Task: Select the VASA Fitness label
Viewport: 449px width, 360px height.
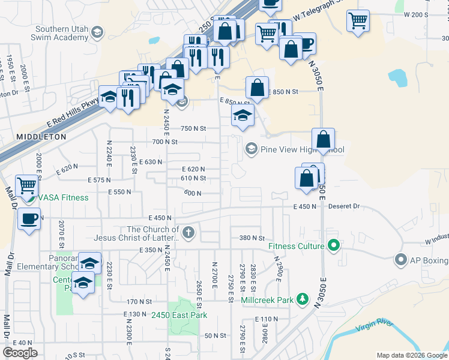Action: pyautogui.click(x=63, y=197)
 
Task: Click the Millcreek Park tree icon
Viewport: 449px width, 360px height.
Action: pyautogui.click(x=303, y=299)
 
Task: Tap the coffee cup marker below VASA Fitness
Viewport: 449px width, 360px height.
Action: pyautogui.click(x=29, y=218)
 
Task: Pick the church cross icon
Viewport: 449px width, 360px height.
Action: pyautogui.click(x=188, y=232)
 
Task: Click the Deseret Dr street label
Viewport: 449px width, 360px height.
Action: pyautogui.click(x=344, y=206)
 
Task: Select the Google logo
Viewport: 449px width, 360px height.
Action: pyautogui.click(x=20, y=352)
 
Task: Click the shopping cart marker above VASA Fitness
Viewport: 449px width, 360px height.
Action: pyautogui.click(x=26, y=185)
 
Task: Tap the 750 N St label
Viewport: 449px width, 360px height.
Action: pyautogui.click(x=193, y=128)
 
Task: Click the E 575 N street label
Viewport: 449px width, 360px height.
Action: pyautogui.click(x=100, y=180)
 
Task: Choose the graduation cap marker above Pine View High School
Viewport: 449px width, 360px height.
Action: pyautogui.click(x=242, y=116)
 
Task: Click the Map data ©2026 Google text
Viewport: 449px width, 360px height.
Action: pyautogui.click(x=411, y=355)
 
